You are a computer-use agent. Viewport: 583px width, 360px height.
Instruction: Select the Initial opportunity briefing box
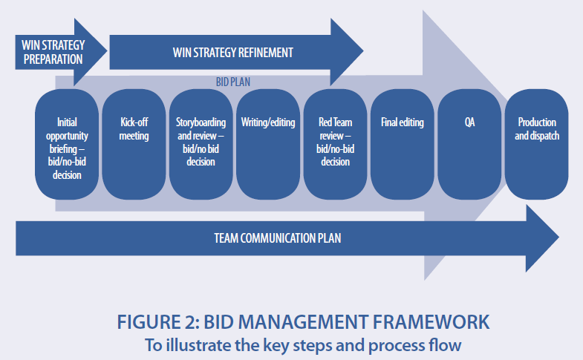tap(67, 145)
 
